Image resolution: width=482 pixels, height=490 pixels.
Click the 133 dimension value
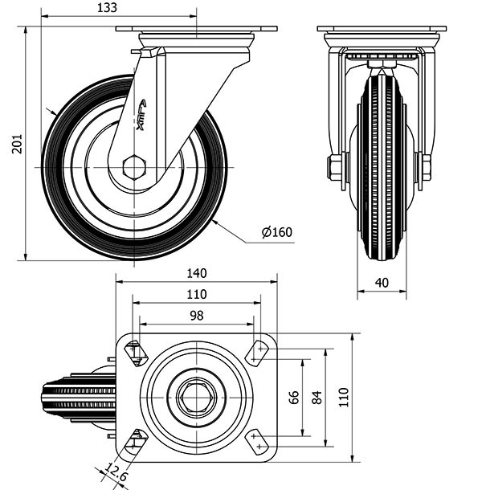[x=107, y=7]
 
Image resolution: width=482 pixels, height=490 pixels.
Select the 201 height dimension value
[x=17, y=144]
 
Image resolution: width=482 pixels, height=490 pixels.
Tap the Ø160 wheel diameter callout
[x=277, y=232]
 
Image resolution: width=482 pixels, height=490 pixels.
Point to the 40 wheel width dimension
[x=382, y=283]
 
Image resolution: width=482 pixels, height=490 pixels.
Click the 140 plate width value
[x=197, y=273]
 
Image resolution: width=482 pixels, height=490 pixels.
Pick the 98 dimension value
[x=197, y=316]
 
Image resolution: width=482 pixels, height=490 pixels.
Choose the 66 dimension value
[x=294, y=397]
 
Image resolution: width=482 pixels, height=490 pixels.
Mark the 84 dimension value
[x=317, y=397]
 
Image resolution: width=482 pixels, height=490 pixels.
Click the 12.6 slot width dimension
[x=115, y=472]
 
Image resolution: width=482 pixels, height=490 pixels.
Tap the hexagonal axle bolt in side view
[x=134, y=168]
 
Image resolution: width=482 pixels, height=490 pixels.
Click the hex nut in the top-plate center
[x=196, y=397]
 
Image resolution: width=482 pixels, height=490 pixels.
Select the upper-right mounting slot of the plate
[x=256, y=352]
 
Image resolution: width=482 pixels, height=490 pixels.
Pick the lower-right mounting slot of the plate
[x=256, y=442]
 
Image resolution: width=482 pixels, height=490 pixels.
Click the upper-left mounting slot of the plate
[x=137, y=352]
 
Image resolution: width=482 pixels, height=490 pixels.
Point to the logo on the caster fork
[x=141, y=115]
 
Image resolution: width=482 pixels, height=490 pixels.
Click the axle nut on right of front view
[x=427, y=167]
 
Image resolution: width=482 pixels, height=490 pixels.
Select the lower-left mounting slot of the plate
[x=137, y=442]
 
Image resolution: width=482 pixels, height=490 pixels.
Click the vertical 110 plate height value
[x=344, y=397]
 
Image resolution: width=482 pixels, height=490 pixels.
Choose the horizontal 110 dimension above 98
[x=197, y=294]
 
